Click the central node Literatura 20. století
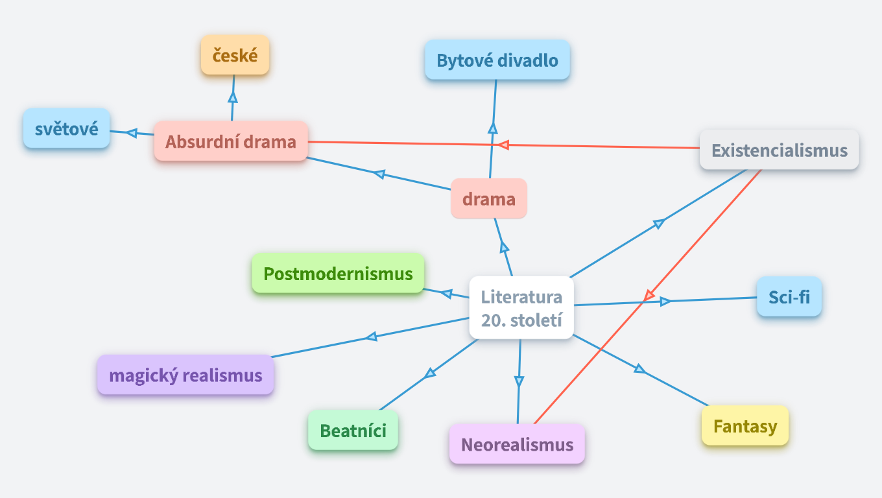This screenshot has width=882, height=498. (521, 308)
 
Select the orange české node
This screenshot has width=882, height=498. (235, 55)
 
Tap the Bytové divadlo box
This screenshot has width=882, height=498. (497, 60)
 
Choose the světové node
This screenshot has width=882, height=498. (66, 128)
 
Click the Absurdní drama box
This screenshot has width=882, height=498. (231, 141)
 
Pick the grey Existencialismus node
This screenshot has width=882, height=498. (779, 150)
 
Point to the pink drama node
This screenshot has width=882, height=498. (489, 198)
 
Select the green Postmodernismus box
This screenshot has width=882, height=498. (338, 273)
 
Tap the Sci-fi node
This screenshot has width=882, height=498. (789, 297)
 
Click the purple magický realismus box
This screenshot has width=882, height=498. (185, 375)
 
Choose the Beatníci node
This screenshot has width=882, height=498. (353, 430)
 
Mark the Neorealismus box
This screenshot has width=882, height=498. (517, 444)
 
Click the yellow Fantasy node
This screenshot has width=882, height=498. (745, 426)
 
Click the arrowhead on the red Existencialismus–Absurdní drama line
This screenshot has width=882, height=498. (503, 145)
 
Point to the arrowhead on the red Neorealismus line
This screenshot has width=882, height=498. (648, 296)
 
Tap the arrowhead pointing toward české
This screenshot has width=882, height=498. (233, 97)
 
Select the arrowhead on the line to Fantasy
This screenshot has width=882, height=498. (639, 369)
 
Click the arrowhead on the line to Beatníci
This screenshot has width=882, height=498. (429, 373)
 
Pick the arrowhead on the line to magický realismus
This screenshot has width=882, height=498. (371, 337)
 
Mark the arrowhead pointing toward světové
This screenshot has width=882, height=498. (132, 133)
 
